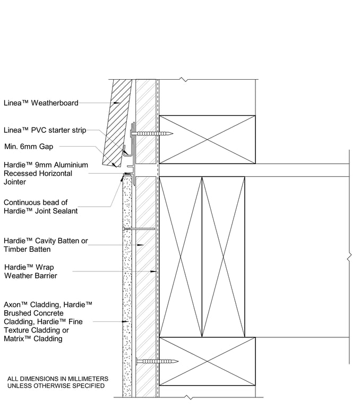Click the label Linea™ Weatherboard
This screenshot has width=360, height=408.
(41, 103)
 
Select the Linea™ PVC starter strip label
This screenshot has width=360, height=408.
(45, 130)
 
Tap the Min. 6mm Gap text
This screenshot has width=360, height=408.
(29, 147)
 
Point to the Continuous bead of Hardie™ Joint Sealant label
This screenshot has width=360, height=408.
(41, 207)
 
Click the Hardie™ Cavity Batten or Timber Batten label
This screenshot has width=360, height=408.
(46, 245)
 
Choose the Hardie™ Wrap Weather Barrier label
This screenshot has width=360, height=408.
(31, 271)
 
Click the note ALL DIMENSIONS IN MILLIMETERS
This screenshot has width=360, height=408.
(58, 379)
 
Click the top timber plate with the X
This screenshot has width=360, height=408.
(207, 139)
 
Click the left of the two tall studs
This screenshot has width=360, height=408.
(181, 257)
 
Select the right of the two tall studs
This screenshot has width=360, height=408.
(223, 257)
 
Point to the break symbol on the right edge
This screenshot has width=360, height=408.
(349, 257)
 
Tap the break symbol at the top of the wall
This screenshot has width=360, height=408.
(183, 80)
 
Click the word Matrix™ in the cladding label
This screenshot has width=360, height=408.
(19, 338)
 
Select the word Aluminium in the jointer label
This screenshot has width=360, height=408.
(69, 165)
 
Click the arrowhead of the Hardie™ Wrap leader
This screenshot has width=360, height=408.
(155, 271)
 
